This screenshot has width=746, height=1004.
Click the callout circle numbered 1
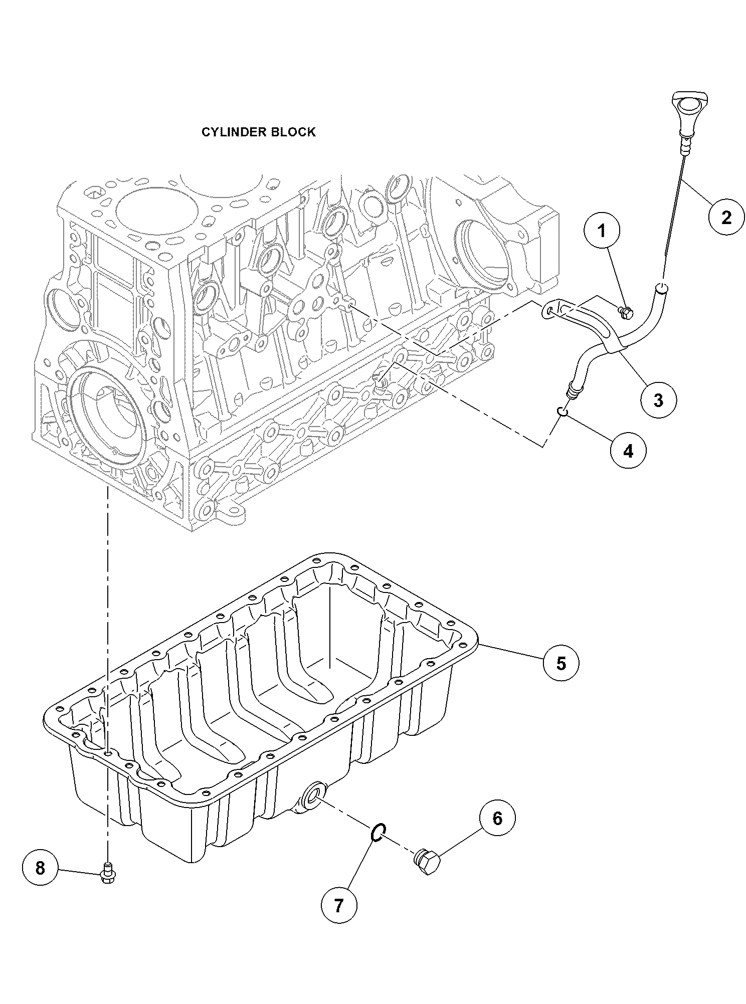click(602, 231)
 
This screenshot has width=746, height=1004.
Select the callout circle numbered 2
click(726, 217)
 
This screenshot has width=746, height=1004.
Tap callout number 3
click(658, 399)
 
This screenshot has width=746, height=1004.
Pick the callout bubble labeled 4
click(628, 451)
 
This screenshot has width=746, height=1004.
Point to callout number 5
click(561, 663)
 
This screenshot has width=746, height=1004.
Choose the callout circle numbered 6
click(497, 819)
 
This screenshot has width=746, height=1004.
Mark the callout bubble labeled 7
click(339, 905)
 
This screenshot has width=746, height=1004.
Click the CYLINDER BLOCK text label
click(258, 132)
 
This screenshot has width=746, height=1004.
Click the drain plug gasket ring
click(379, 833)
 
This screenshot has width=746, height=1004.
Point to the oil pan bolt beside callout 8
click(106, 873)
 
